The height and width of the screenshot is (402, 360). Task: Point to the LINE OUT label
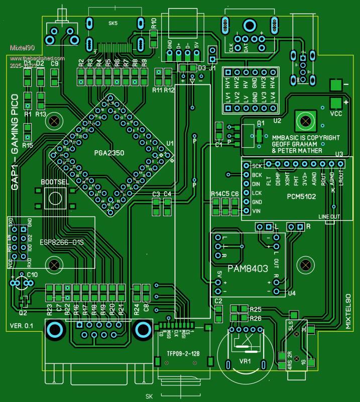coord(329,217)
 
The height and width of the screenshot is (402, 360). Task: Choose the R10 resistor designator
coord(154,23)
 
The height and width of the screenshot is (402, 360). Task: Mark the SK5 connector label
coord(113,23)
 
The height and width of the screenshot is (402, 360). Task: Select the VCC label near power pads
coord(336,114)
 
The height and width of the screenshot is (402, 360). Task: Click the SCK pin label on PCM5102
coord(257,166)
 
